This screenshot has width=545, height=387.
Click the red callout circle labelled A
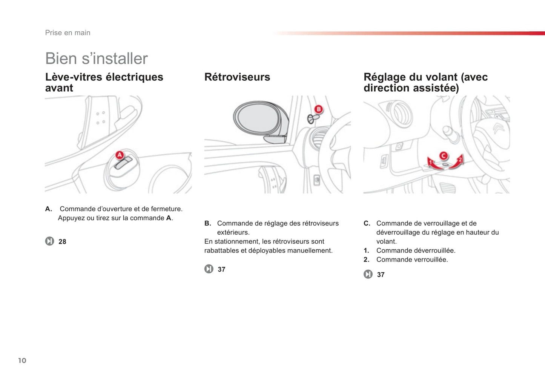click(x=120, y=155)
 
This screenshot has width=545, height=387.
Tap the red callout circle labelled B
click(x=318, y=109)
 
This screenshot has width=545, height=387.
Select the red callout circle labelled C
click(x=444, y=155)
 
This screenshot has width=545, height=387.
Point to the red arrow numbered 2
click(x=456, y=162)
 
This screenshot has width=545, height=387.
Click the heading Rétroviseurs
click(x=237, y=77)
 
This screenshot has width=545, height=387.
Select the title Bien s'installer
click(x=96, y=58)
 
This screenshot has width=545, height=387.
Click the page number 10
click(x=22, y=361)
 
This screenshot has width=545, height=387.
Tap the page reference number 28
click(x=62, y=241)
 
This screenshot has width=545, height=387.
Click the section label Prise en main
click(x=68, y=32)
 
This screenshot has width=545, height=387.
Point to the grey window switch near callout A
click(x=123, y=163)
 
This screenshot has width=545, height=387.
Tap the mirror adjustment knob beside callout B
click(x=313, y=118)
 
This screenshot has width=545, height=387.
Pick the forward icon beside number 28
click(x=50, y=241)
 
